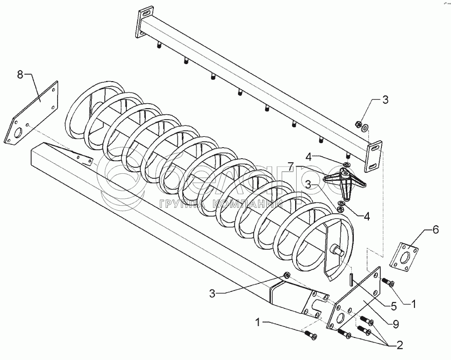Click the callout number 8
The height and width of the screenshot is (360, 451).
click(x=21, y=75)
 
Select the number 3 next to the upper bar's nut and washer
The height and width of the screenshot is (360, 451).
click(x=385, y=100)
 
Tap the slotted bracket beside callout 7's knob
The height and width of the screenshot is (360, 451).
click(x=375, y=158)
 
